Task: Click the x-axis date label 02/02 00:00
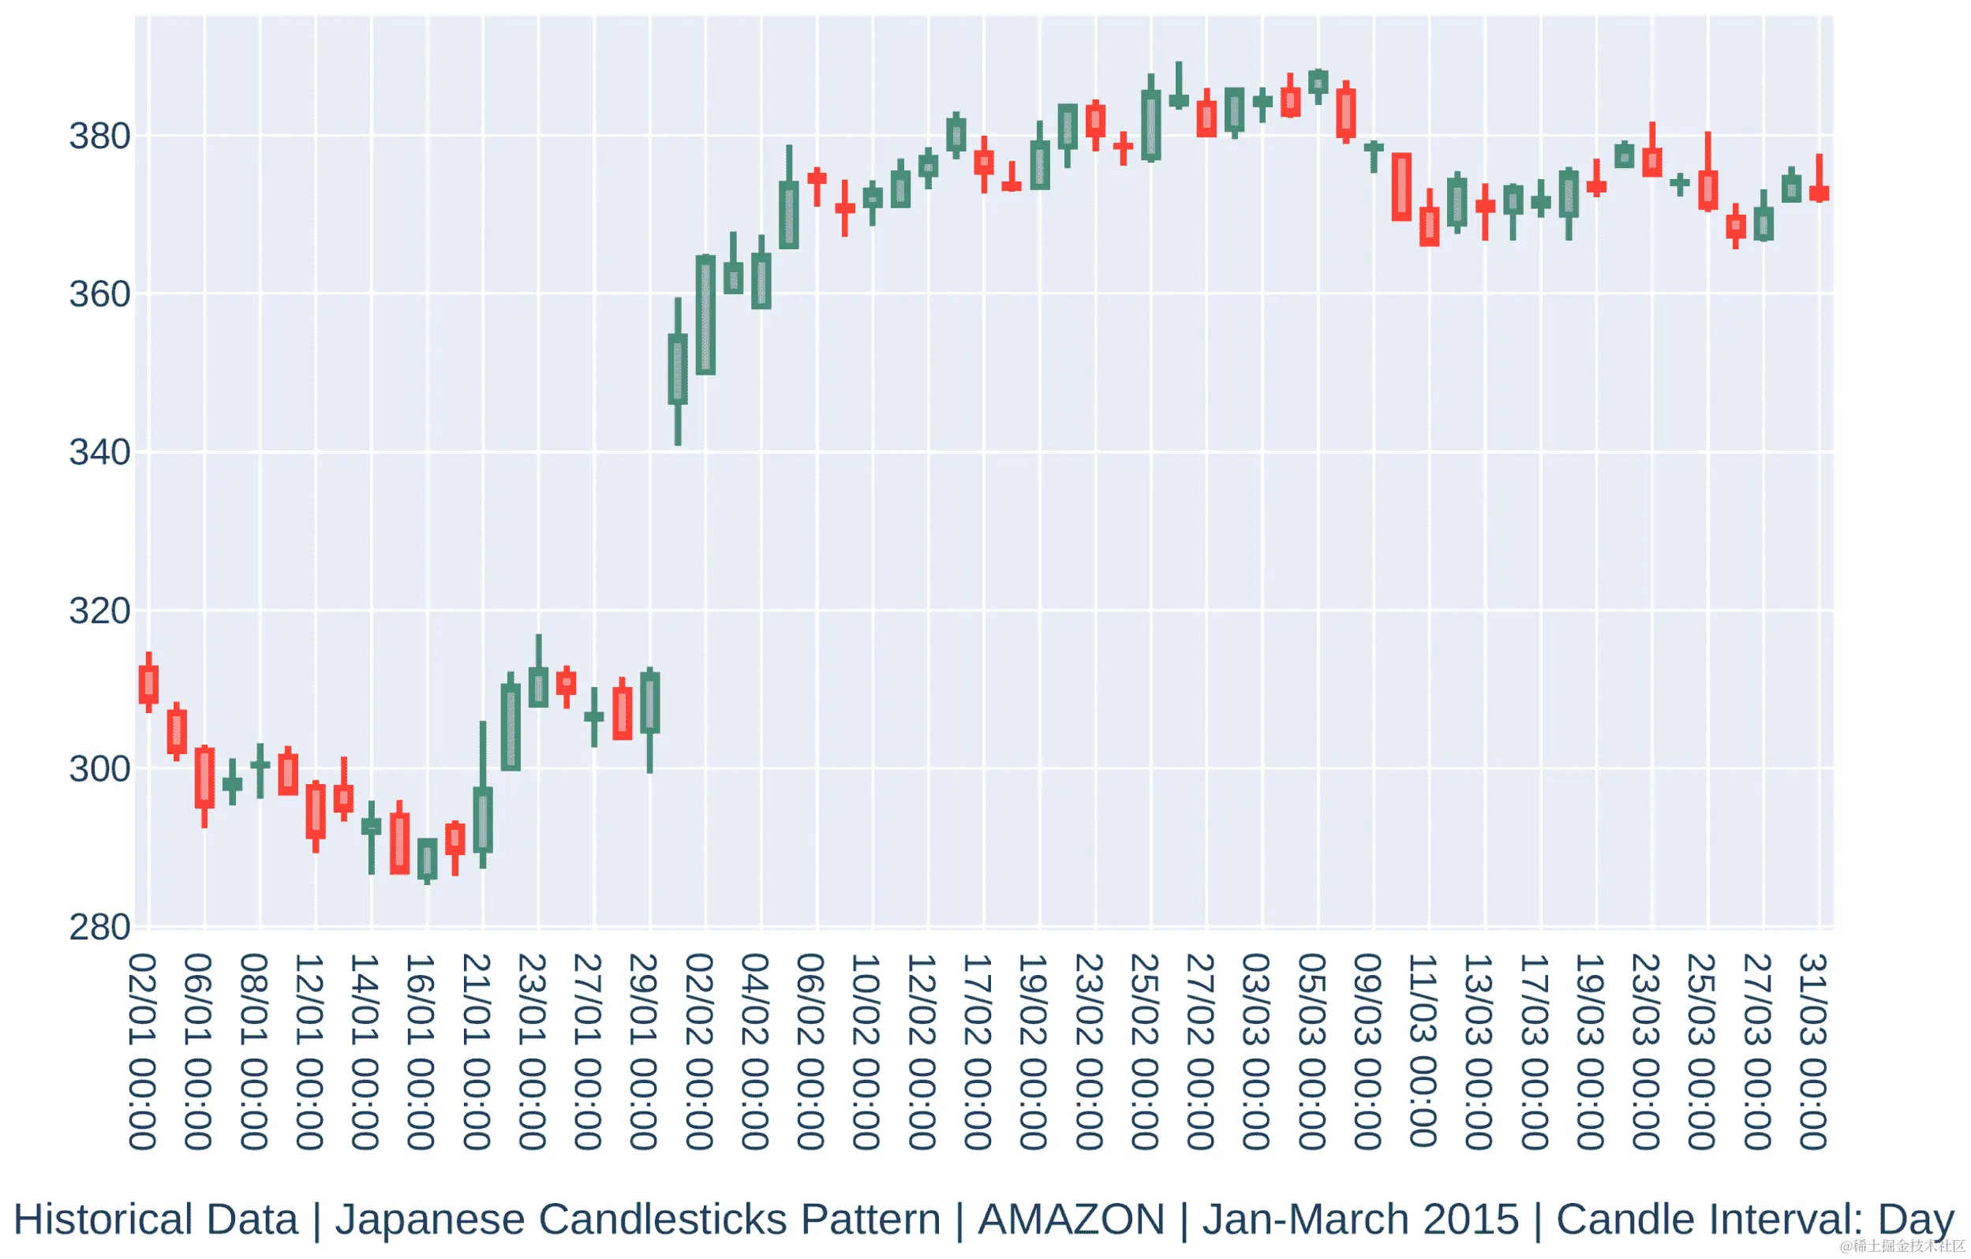coord(699,1051)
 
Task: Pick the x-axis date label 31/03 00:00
coord(1813,1051)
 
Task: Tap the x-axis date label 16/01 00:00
coord(421,1051)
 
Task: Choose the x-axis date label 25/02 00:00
coord(1145,1051)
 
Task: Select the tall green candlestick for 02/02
coord(705,316)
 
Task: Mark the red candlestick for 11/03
coord(1429,226)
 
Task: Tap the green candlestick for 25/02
coord(1151,125)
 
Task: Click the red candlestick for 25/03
coord(1708,190)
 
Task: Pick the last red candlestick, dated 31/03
coord(1820,193)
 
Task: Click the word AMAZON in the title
coord(1072,1220)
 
